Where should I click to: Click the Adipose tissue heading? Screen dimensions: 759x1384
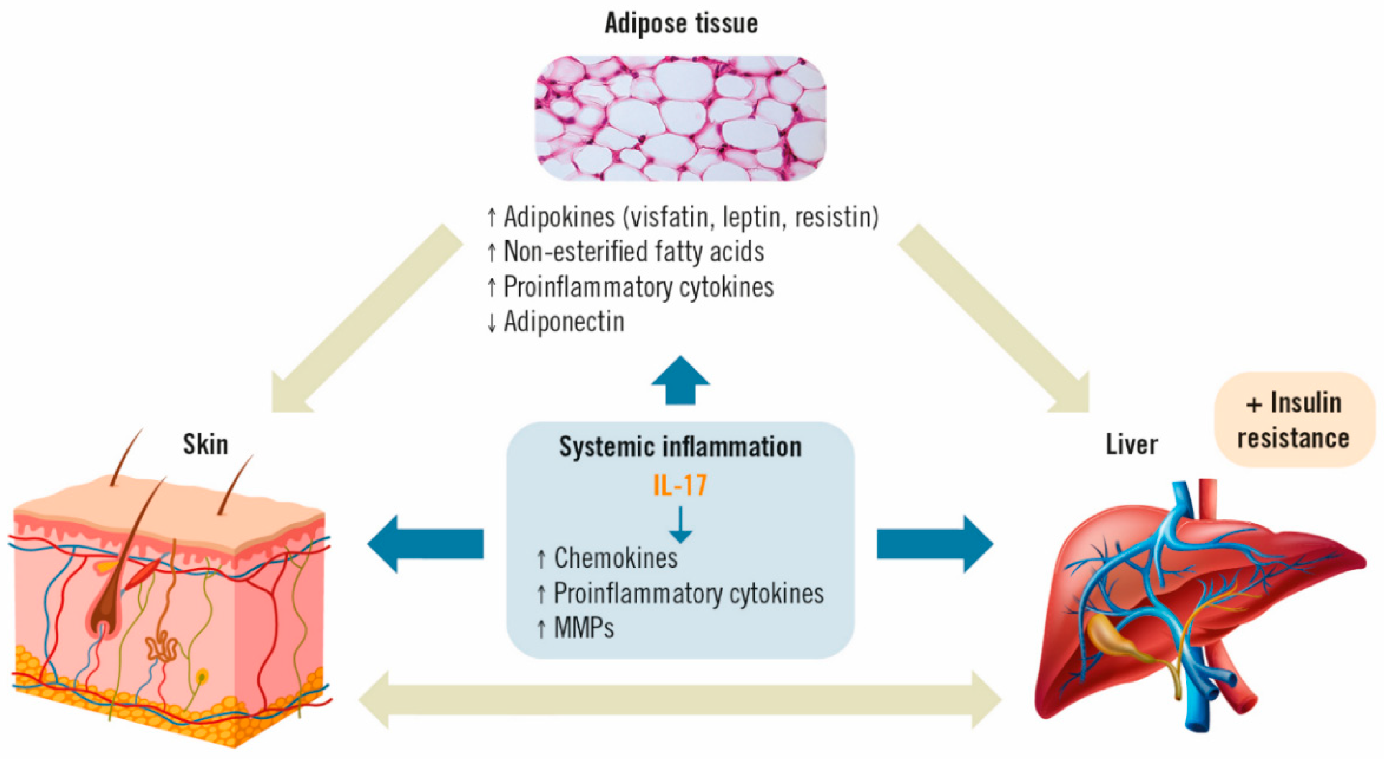click(681, 23)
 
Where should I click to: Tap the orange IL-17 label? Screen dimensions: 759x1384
click(680, 486)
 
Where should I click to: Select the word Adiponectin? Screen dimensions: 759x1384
click(563, 321)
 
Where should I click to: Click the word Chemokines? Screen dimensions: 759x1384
click(616, 558)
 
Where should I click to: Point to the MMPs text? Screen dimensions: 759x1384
click(584, 628)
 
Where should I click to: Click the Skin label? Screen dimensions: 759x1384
click(205, 445)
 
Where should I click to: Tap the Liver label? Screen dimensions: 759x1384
click(1131, 445)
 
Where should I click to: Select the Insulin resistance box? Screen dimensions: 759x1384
click(1294, 420)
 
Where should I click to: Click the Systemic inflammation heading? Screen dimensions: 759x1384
click(680, 447)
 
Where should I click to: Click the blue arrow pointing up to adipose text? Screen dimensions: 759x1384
click(680, 380)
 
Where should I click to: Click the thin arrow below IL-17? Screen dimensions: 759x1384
click(680, 524)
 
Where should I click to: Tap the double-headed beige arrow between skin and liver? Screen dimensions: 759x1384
click(680, 700)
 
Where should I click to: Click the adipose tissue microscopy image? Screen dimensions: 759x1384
click(680, 118)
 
